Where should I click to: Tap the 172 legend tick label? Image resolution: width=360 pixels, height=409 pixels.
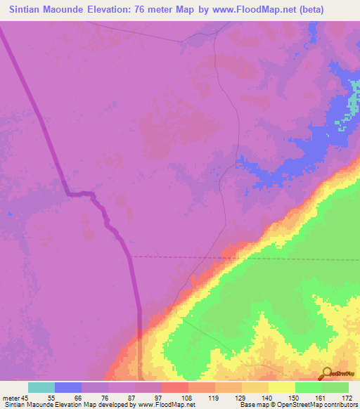(347, 398)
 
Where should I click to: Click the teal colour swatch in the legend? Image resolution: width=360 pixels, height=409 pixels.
(41, 387)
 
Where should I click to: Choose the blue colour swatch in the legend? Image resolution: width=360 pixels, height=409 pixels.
(68, 387)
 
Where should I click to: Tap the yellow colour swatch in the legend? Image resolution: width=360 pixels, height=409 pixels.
(282, 387)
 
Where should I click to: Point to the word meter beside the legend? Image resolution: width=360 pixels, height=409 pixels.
(13, 398)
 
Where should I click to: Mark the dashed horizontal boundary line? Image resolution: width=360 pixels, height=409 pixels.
(246, 257)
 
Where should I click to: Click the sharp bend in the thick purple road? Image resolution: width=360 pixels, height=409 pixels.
(67, 193)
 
